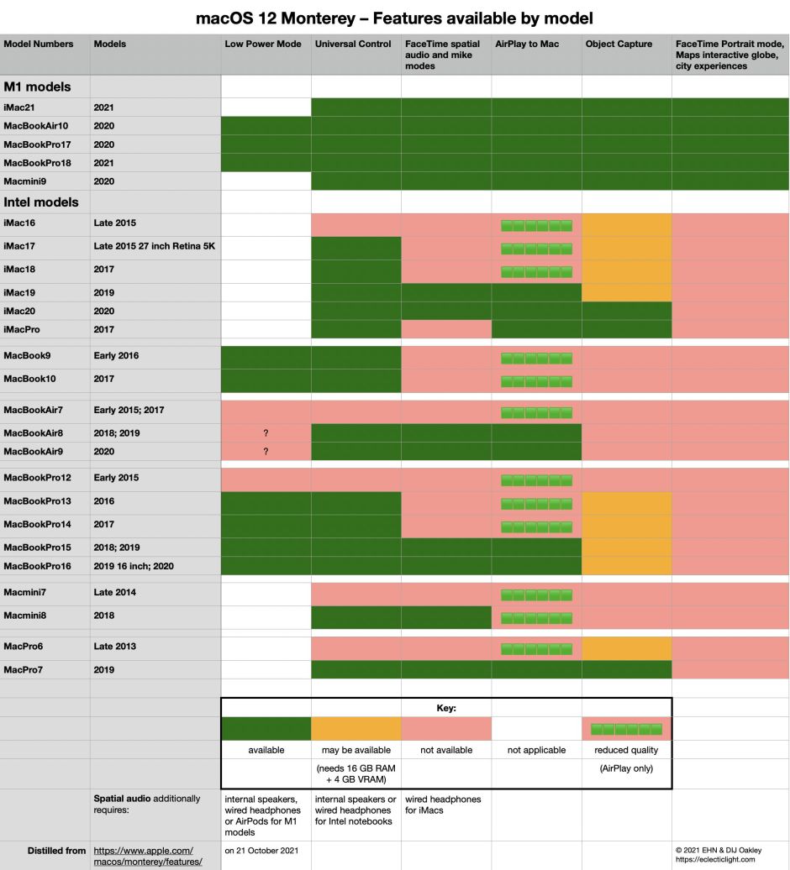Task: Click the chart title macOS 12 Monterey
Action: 394,17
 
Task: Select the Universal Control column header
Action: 353,44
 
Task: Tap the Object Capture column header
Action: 619,44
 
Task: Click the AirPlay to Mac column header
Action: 527,44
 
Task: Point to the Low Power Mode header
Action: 263,44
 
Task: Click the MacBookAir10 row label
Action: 41,126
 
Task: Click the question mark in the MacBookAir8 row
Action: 266,433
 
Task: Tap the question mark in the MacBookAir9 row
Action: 266,452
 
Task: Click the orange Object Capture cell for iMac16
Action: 627,225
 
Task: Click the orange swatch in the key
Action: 356,728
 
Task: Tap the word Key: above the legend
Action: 446,708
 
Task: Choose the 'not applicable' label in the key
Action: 537,750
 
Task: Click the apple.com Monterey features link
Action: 148,856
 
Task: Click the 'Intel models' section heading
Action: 41,202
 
